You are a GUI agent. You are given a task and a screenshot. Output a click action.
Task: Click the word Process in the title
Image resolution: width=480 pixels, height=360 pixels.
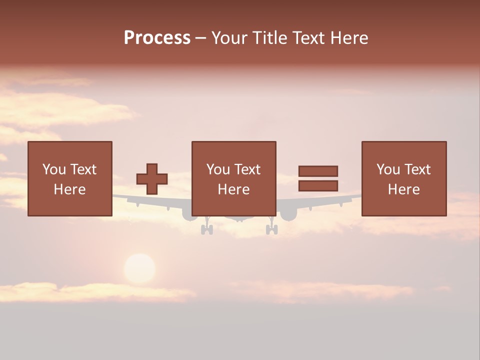pyautogui.click(x=157, y=38)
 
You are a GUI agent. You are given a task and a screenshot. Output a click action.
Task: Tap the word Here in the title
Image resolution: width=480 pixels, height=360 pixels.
pyautogui.click(x=349, y=38)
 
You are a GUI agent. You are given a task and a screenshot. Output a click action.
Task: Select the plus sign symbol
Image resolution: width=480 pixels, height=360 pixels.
pyautogui.click(x=152, y=179)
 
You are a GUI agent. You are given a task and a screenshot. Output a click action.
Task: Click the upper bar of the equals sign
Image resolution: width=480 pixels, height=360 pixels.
pyautogui.click(x=318, y=171)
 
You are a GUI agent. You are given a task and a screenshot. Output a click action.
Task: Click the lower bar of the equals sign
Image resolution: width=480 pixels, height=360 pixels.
pyautogui.click(x=318, y=186)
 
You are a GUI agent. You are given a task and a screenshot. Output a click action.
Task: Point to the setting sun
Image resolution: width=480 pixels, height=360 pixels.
pyautogui.click(x=139, y=268)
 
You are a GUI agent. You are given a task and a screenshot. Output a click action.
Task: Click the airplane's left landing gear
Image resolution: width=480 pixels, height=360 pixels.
pyautogui.click(x=206, y=228)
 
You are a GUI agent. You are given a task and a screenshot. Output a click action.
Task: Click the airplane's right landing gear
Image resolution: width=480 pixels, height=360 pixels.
pyautogui.click(x=271, y=228)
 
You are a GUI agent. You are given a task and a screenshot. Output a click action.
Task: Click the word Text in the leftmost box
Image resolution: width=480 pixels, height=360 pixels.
pyautogui.click(x=83, y=169)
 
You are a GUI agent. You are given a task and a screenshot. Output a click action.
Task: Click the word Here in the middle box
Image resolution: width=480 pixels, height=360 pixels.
pyautogui.click(x=234, y=189)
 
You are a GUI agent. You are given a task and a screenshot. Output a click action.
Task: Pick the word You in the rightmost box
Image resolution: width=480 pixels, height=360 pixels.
pyautogui.click(x=388, y=169)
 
